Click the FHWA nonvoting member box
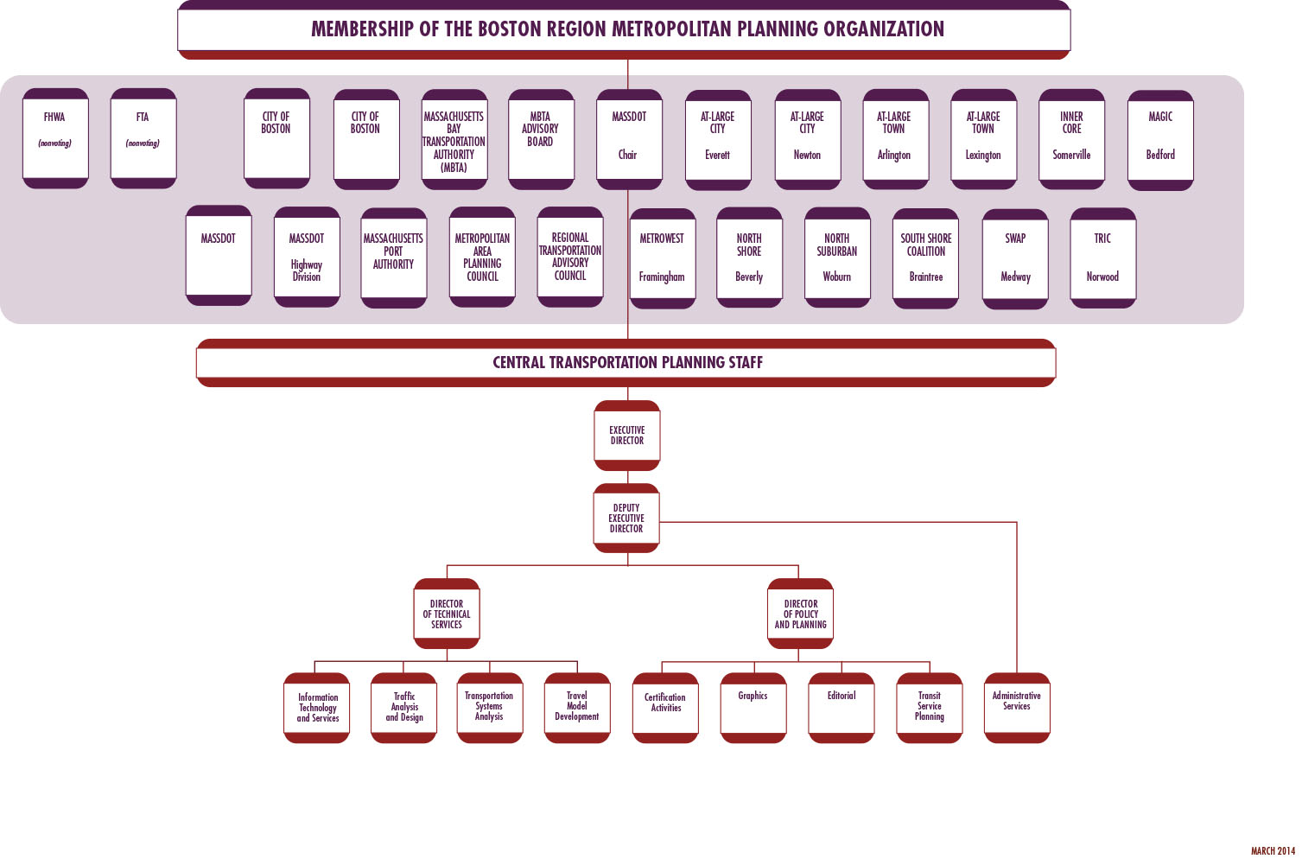coord(55,138)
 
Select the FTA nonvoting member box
coord(143,138)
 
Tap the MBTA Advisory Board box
coord(541,139)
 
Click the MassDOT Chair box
coord(629,139)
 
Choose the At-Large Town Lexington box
coord(983,139)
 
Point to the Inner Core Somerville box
coord(1071,139)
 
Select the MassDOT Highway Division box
coord(307,258)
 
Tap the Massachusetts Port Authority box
coord(394,258)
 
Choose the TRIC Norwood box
coord(1102,258)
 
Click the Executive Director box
coord(627,436)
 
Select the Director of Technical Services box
coord(447,614)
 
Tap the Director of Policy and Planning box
coord(801,614)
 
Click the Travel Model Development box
coord(577,708)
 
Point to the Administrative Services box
coord(1017,708)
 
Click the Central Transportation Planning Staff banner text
coord(627,363)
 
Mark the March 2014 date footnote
coord(1273,851)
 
